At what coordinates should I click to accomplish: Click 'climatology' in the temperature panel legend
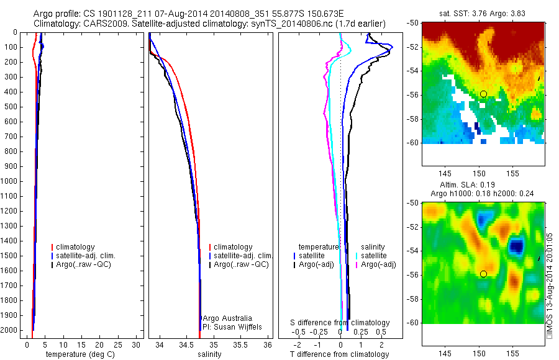coord(76,247)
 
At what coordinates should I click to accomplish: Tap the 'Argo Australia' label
coord(228,318)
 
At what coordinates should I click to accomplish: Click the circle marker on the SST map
coord(483,94)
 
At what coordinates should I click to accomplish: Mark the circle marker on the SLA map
coord(483,274)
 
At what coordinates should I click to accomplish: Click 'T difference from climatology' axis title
coord(339,354)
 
